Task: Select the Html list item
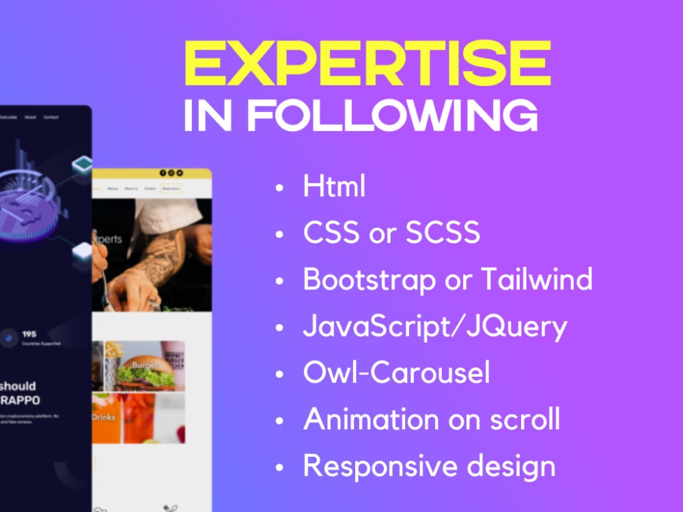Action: coord(334,186)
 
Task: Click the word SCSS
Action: coord(443,233)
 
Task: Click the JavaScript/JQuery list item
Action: coord(435,327)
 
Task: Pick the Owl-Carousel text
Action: coord(396,373)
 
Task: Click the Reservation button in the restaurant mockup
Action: coord(171,188)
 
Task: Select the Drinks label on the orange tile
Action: coord(104,416)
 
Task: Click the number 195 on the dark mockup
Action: coord(29,334)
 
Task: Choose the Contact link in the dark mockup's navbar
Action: coord(51,117)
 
